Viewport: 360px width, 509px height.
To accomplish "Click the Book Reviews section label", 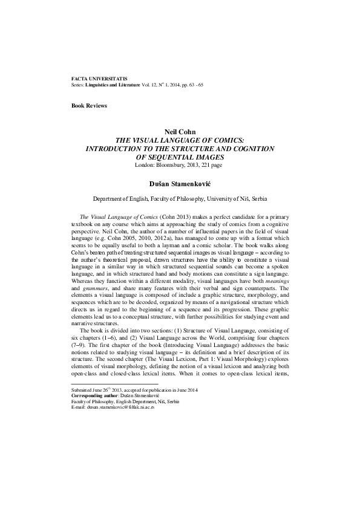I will tap(89, 106).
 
